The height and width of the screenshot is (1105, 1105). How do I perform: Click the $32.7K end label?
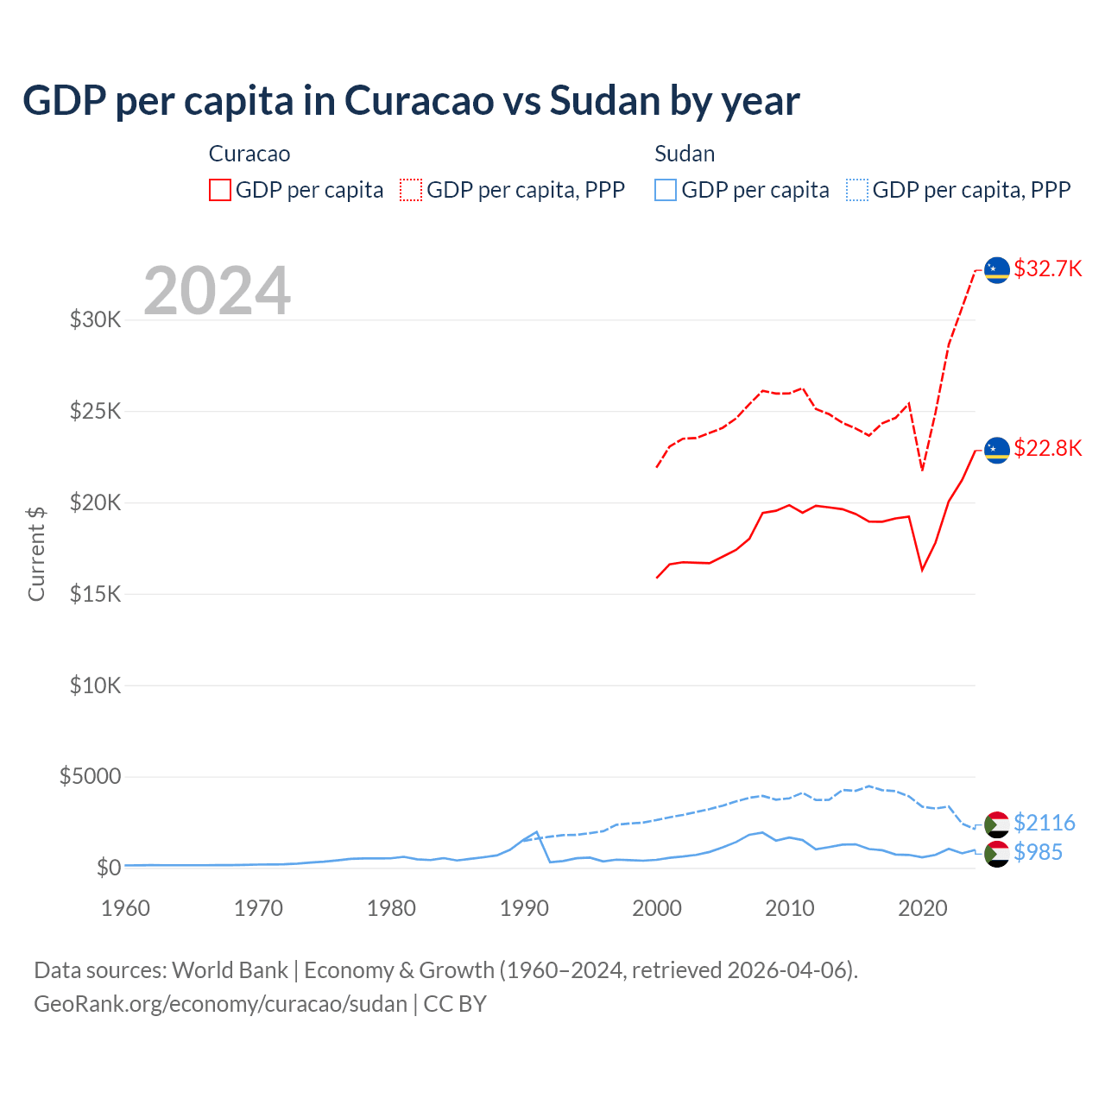1047,268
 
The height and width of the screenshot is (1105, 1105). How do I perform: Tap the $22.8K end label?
1047,448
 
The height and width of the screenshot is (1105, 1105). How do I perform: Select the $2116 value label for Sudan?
1044,823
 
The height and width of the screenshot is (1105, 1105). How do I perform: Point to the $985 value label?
1038,852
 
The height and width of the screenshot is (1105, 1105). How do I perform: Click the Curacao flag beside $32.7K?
997,269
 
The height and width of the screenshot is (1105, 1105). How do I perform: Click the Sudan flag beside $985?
997,855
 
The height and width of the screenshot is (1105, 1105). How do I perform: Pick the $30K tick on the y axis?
96,320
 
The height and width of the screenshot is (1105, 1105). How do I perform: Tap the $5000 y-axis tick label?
90,776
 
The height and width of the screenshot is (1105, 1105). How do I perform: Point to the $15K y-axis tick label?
96,594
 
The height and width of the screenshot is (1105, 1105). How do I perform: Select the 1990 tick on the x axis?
524,908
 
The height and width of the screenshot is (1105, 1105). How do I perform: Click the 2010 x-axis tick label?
790,908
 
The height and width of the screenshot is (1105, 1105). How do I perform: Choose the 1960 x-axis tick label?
126,908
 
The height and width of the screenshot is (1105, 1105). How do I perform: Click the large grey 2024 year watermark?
217,291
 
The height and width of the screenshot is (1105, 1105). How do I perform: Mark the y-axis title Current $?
36,553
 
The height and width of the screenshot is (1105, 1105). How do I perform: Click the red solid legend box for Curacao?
220,190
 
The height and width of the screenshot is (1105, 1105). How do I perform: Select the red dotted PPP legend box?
411,190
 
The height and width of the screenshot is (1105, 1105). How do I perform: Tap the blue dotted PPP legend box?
857,190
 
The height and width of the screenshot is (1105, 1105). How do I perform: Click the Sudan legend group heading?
685,154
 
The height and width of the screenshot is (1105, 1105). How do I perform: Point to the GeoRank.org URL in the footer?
220,1004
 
